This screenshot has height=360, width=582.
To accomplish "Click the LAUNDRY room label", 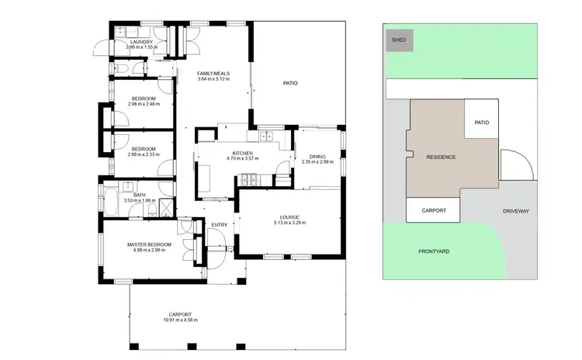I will point(141,42).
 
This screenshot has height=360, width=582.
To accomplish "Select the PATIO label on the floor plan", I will point(289,83).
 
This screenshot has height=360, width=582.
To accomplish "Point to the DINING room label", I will point(317,156).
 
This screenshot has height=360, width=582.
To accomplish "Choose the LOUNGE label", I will point(289,217).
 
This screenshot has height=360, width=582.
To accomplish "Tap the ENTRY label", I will point(220,225).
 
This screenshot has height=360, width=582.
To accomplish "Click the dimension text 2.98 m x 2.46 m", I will point(144,104).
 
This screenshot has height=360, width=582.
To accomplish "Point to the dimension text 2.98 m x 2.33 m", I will point(144,154).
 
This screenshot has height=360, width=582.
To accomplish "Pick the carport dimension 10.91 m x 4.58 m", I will point(180,320).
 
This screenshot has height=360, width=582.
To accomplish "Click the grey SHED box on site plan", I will point(400,40).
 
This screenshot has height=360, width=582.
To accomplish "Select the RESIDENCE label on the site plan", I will point(441,157).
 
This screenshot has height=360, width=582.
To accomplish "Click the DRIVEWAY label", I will point(515,210).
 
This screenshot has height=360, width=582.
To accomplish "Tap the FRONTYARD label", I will point(434,251).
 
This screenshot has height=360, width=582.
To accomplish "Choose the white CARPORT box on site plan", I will point(433,209).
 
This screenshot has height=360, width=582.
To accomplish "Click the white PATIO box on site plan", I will point(481,122).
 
